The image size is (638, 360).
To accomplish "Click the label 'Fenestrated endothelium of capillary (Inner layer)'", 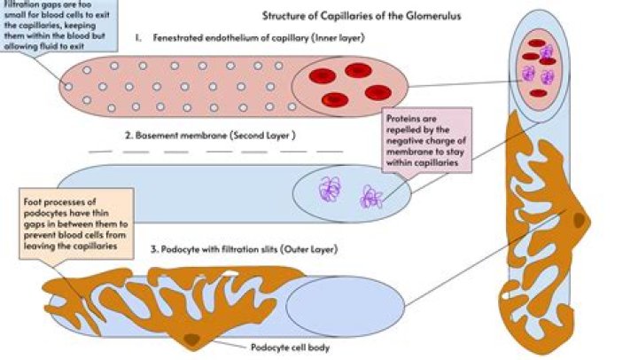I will pos(262,39).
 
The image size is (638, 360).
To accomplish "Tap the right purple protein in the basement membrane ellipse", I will pos(370,197).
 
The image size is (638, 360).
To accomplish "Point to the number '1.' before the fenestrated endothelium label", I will pos(140,39).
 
